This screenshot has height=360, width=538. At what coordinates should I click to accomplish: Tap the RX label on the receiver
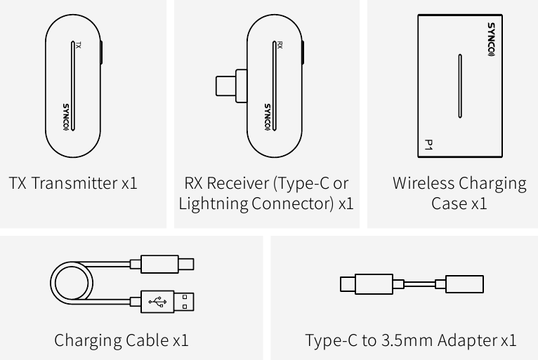pos(280,46)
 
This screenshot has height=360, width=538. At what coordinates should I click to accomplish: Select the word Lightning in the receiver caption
pos(214,204)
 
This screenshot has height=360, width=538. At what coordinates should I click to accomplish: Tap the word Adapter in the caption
pos(468,341)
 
